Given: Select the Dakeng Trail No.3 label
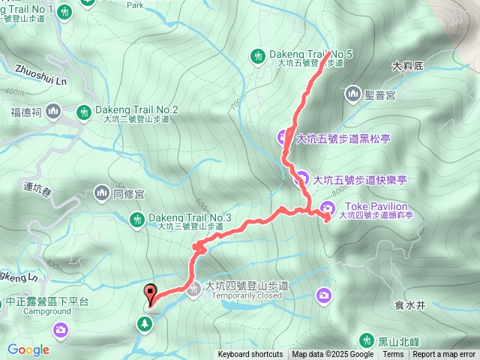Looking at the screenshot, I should [x=189, y=217].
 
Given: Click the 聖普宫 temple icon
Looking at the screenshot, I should [x=353, y=94].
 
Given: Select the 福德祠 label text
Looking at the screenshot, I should [x=26, y=113].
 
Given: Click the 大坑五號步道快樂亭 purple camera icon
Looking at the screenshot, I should [x=301, y=179].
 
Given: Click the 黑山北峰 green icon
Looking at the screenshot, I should [x=366, y=340].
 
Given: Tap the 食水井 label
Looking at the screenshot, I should [x=409, y=305].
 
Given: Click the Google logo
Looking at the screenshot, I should [x=28, y=349].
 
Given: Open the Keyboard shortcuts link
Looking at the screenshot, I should [x=250, y=355].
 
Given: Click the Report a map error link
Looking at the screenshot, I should [x=444, y=355].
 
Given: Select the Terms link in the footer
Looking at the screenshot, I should [x=393, y=355].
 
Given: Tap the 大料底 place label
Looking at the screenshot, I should [x=408, y=66].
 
